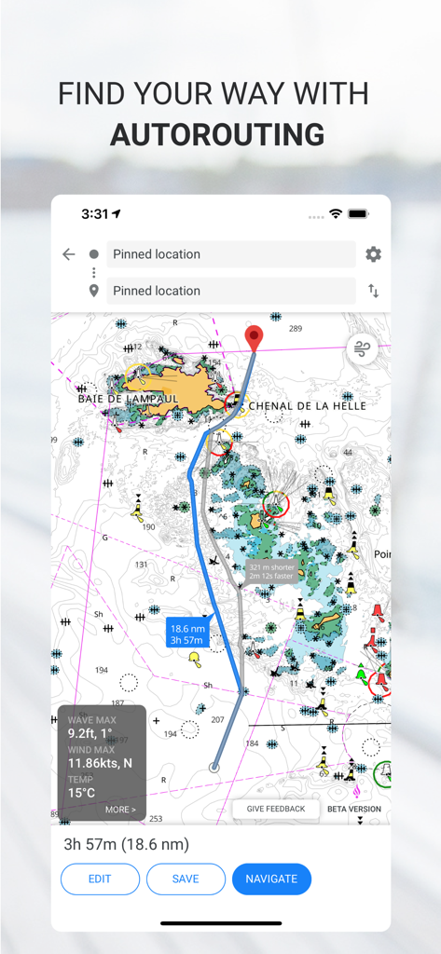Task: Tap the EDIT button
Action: (x=100, y=879)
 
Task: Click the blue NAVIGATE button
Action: (x=271, y=879)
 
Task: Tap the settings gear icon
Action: (x=373, y=254)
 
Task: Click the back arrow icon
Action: (x=68, y=254)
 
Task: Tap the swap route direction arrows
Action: (x=373, y=291)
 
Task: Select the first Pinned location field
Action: (x=230, y=254)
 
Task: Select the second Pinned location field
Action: (x=230, y=291)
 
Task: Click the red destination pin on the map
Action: (x=253, y=337)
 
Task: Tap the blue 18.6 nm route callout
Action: (x=187, y=634)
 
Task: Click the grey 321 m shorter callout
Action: (x=271, y=571)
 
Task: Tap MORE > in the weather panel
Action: (x=120, y=810)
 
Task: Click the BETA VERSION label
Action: (x=353, y=809)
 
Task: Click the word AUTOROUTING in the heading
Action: (x=217, y=134)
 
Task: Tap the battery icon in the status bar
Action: (x=358, y=213)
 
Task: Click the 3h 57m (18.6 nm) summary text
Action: (x=126, y=844)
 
